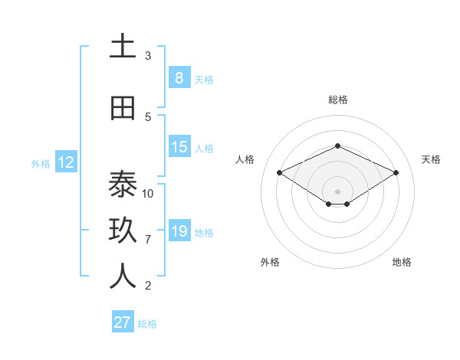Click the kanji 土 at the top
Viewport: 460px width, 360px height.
tap(123, 47)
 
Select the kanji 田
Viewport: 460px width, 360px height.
tap(123, 108)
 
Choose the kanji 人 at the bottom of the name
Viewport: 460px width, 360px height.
tap(123, 277)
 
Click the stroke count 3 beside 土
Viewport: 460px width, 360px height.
tap(148, 56)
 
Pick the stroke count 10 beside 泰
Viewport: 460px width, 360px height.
tap(148, 193)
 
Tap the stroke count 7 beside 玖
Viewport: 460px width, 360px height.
tap(148, 240)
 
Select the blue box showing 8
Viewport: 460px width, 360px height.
tap(179, 77)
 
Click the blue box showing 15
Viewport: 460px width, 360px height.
tap(179, 147)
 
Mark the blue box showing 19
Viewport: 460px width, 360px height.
tap(179, 231)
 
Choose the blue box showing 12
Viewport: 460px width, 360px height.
tap(65, 162)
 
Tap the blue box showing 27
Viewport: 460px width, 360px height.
tap(122, 322)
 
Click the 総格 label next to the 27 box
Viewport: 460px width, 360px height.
tap(147, 324)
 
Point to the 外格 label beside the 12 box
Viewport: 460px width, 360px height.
tap(41, 163)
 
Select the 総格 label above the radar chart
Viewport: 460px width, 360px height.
tap(337, 100)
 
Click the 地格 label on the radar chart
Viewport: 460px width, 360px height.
tap(402, 262)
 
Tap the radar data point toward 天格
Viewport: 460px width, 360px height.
tap(396, 173)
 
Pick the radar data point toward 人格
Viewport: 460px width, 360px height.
tap(280, 173)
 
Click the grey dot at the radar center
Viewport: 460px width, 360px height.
tap(337, 191)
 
